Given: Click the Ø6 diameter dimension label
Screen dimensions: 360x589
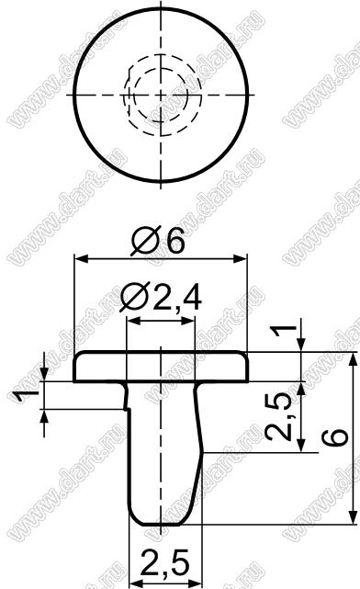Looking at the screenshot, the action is click(x=158, y=241).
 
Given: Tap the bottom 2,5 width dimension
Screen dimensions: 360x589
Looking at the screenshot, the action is click(x=165, y=562).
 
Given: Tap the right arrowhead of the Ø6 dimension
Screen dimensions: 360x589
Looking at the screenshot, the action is click(x=241, y=258).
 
